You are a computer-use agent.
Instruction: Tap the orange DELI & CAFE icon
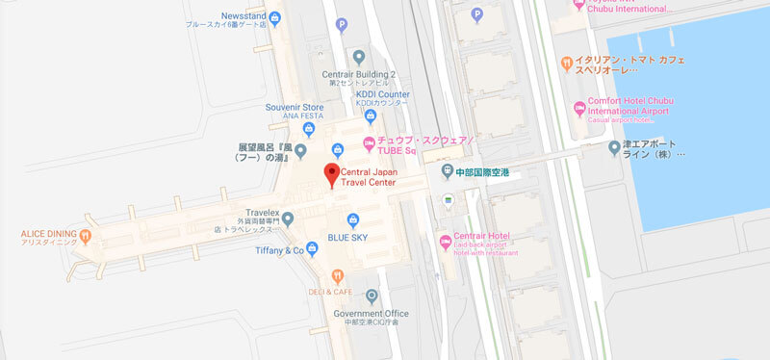[338, 275]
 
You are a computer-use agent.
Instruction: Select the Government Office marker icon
[372, 296]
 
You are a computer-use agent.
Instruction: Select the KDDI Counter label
[383, 94]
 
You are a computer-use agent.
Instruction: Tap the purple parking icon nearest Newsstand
[340, 25]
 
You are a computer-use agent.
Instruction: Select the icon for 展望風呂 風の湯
[299, 150]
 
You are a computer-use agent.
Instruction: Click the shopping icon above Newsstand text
[276, 16]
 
